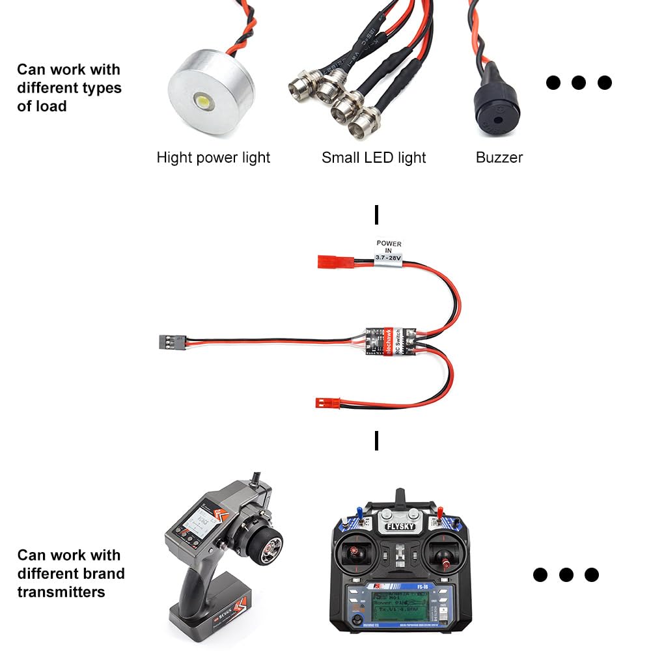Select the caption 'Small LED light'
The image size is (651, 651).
374,158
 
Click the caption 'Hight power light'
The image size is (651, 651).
214,158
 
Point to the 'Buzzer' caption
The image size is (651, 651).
499,158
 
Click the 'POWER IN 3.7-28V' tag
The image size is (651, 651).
389,251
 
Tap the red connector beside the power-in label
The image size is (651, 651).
329,261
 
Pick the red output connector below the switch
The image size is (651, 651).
327,402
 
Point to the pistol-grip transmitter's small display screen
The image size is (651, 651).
198,521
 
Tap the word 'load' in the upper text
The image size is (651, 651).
51,105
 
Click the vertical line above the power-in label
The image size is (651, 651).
376,215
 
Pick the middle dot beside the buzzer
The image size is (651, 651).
579,83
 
